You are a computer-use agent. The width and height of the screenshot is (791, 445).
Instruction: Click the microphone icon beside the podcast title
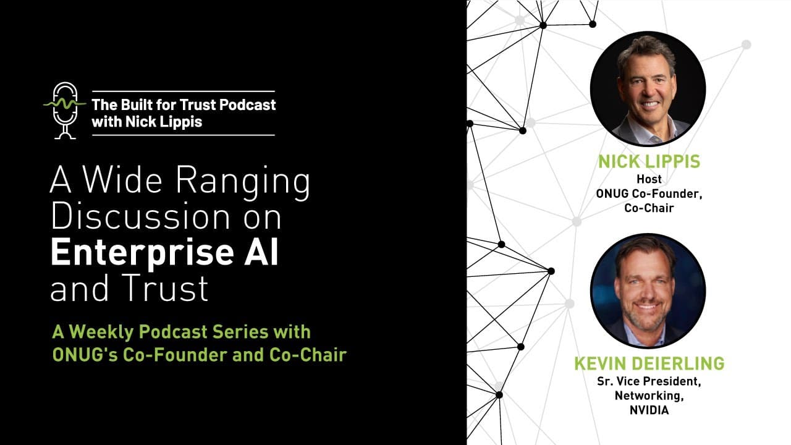(64, 109)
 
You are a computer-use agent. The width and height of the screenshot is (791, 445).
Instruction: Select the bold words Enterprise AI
(164, 253)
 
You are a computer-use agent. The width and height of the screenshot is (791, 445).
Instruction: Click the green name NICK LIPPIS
(648, 162)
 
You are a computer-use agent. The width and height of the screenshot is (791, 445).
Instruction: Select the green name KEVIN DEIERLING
(649, 363)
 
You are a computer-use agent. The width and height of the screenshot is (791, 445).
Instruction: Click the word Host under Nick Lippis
(649, 179)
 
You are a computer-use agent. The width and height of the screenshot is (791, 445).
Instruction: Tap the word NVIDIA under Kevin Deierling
(649, 410)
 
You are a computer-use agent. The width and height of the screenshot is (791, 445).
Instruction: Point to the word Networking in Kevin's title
(649, 396)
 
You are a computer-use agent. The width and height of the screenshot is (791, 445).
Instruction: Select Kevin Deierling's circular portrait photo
(648, 291)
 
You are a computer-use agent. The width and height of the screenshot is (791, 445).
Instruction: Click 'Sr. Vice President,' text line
(649, 381)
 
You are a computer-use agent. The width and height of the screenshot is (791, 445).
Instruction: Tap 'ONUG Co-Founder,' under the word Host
(649, 193)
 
